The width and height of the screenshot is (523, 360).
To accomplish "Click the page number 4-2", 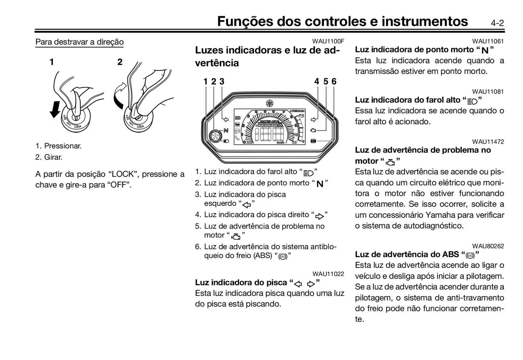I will [x=497, y=23].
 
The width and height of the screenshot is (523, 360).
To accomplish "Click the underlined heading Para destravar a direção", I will [x=79, y=42].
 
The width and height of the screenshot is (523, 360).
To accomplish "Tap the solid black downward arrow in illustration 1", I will [x=55, y=109].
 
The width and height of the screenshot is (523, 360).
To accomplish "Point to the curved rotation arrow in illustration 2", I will [x=119, y=96].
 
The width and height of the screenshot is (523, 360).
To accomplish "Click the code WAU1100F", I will [x=328, y=41].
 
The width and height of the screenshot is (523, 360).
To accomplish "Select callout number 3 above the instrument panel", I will [x=222, y=81].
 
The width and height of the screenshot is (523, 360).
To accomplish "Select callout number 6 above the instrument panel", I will [x=334, y=81].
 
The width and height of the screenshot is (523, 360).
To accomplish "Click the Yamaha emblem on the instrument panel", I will [x=270, y=103].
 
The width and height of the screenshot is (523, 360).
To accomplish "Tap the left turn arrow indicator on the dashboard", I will [x=226, y=119].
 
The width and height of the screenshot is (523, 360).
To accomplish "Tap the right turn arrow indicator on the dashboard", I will [x=314, y=119].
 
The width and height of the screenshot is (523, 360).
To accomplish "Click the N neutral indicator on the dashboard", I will [x=226, y=130].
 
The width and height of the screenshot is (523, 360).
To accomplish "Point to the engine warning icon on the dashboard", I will [x=314, y=130].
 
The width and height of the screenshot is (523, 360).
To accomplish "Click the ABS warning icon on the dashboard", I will [x=314, y=141].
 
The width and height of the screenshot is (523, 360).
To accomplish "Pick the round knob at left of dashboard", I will [x=215, y=136].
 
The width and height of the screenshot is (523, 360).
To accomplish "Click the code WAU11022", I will [x=328, y=274].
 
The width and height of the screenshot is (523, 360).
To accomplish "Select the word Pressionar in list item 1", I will [x=62, y=146].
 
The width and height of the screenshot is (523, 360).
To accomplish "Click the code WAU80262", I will [x=488, y=246].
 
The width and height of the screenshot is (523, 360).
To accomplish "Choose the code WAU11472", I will [x=488, y=142].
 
